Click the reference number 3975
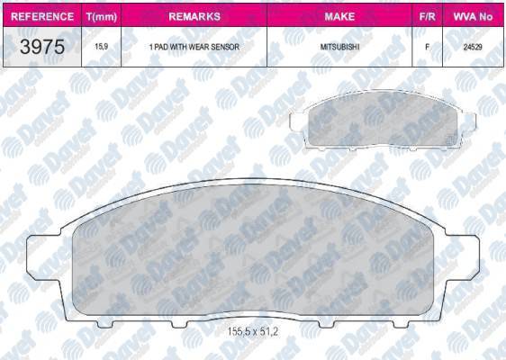(41, 48)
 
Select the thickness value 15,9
(98, 46)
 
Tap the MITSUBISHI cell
(340, 46)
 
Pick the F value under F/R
(426, 46)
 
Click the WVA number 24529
(472, 46)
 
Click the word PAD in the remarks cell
(165, 46)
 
